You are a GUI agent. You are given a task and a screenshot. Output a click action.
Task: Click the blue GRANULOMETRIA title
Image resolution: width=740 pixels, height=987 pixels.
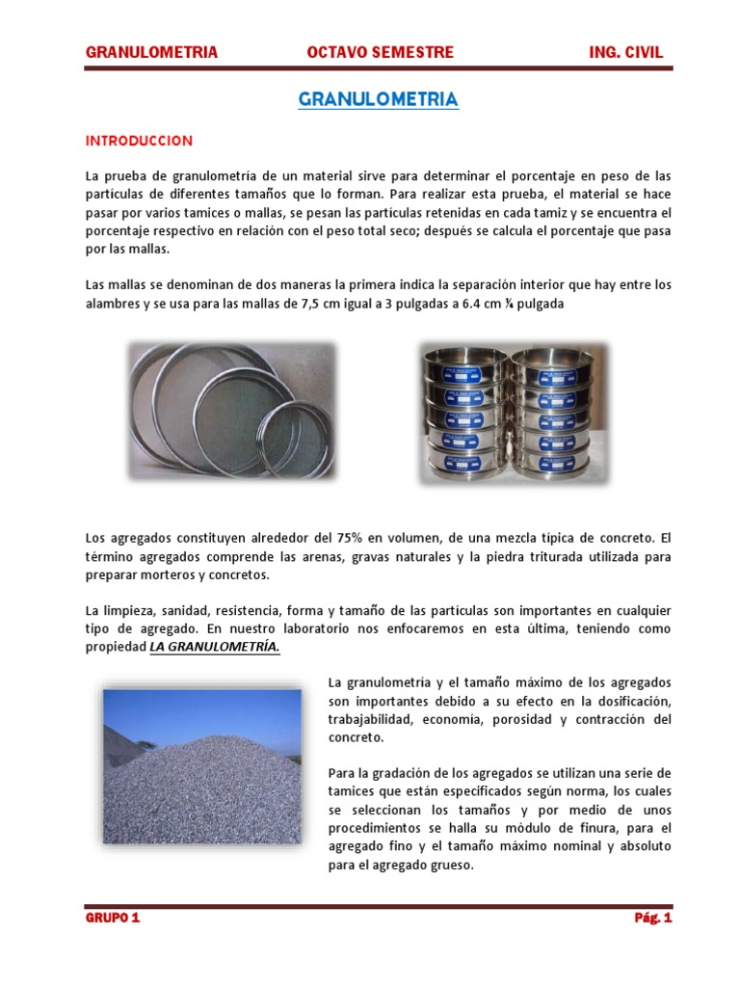point(378,100)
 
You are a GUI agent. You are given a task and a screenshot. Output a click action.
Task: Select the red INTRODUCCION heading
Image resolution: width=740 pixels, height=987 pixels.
point(139,141)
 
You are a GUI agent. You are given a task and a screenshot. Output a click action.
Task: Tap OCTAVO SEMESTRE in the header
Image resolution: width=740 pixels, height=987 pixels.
point(380,52)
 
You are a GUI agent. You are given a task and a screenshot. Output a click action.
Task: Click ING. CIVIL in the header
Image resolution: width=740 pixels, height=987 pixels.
point(625,52)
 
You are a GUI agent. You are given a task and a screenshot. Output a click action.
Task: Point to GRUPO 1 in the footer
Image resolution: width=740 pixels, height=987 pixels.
point(113,919)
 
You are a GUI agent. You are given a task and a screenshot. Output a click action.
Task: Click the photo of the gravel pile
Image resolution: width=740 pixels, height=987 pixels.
point(203,771)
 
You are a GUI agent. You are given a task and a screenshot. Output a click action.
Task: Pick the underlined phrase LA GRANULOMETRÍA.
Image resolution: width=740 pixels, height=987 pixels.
point(215,648)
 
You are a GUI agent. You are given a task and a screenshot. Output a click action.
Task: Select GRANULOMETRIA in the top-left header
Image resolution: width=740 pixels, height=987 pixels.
point(151,52)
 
